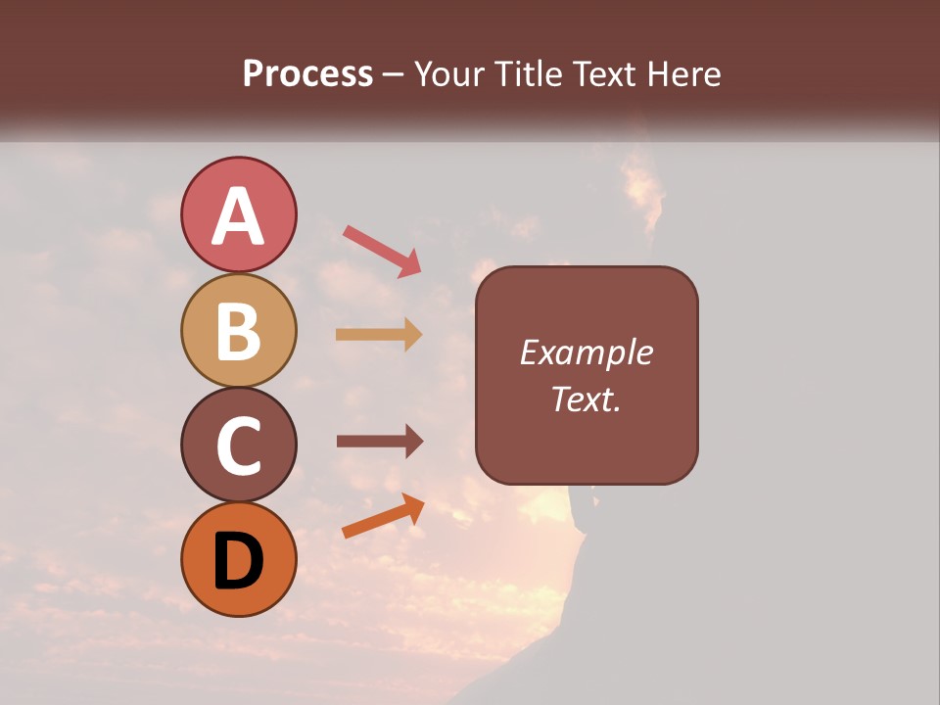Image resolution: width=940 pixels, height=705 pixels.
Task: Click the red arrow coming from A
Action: click(x=382, y=250)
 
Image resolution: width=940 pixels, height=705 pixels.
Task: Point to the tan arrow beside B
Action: click(x=379, y=334)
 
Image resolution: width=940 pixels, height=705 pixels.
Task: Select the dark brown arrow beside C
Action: click(x=380, y=441)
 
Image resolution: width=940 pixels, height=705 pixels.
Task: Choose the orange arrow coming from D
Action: click(x=383, y=515)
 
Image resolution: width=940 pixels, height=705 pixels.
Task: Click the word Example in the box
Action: click(x=587, y=352)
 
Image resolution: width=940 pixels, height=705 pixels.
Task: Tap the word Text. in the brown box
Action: click(x=587, y=399)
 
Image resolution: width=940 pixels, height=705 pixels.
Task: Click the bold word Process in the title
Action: click(x=307, y=73)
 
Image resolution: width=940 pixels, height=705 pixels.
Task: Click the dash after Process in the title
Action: click(x=394, y=75)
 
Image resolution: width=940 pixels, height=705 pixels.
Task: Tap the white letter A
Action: click(x=238, y=216)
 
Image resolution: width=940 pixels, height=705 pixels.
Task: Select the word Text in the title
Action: click(x=603, y=73)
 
